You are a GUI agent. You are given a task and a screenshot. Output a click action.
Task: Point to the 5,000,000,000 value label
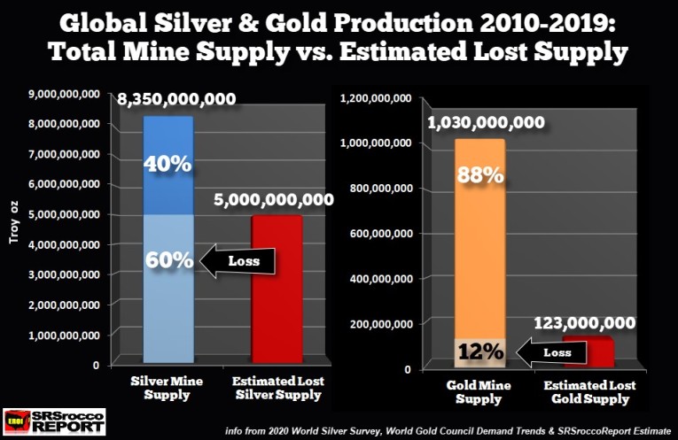pyautogui.click(x=274, y=201)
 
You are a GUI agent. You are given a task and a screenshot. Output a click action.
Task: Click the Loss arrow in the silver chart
pyautogui.click(x=238, y=260)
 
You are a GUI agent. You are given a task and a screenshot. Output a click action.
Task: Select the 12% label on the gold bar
pyautogui.click(x=479, y=352)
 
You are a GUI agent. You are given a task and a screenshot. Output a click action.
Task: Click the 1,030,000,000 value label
pyautogui.click(x=487, y=124)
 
